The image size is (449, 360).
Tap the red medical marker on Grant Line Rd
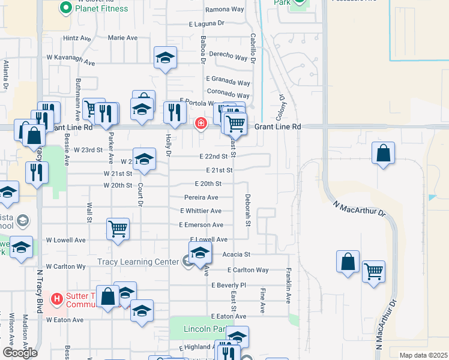click(200, 124)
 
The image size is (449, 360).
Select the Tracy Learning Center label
click(137, 262)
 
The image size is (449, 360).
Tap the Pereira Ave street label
click(201, 197)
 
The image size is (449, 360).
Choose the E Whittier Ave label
click(200, 211)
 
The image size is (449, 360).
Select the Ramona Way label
click(224, 10)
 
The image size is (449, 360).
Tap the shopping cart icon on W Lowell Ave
click(118, 228)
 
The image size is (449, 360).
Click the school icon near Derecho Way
click(165, 58)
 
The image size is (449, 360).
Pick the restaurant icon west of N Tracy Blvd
click(37, 173)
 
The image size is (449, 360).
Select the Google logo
click(20, 353)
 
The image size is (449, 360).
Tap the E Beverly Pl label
click(229, 285)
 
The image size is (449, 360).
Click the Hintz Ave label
click(77, 38)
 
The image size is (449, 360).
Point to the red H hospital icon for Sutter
click(56, 298)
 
